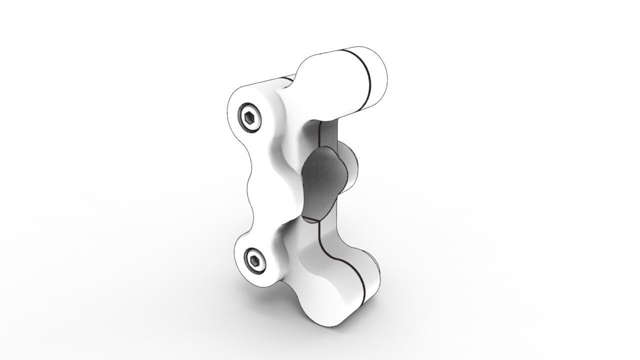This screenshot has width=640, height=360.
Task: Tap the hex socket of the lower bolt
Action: [255, 260]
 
